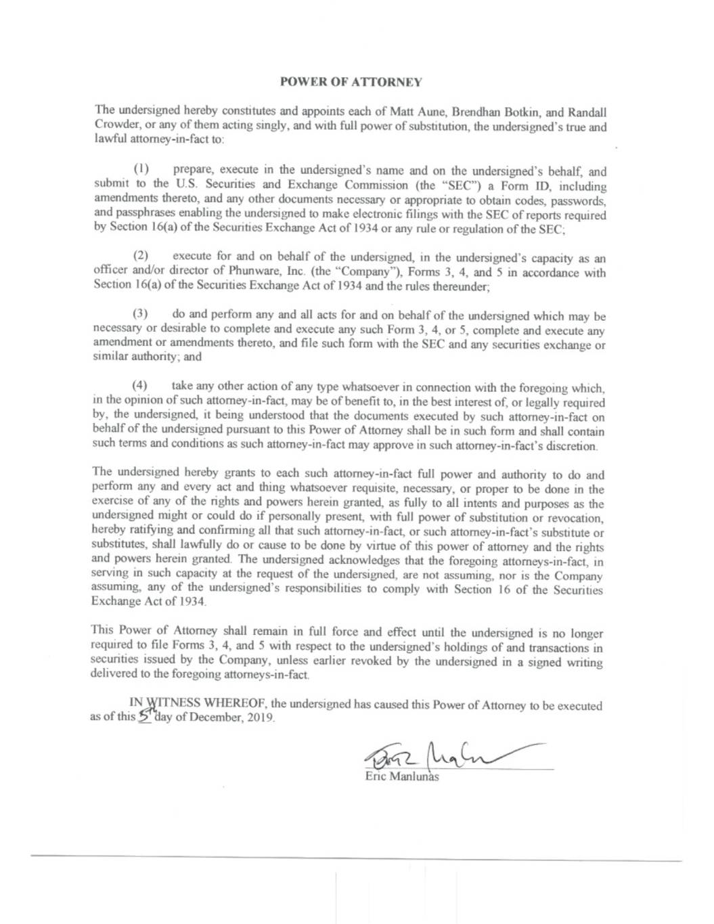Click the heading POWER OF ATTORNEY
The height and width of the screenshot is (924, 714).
351,82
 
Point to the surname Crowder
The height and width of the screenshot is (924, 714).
113,127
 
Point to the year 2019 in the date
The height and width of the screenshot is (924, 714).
260,719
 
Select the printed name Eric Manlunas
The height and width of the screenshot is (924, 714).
401,776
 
